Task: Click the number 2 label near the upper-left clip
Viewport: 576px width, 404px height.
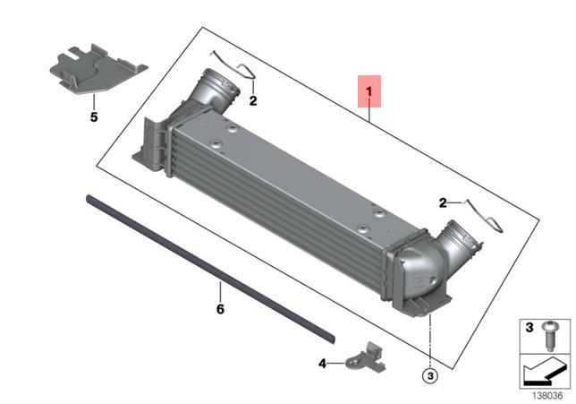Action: pos(253,101)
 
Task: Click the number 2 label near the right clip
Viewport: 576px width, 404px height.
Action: pos(443,202)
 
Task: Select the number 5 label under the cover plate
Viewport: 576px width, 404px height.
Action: pos(94,116)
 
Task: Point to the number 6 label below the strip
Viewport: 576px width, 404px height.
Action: pos(219,309)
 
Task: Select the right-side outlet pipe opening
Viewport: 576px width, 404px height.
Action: pos(467,240)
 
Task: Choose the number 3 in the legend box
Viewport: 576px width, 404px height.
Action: pos(529,324)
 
